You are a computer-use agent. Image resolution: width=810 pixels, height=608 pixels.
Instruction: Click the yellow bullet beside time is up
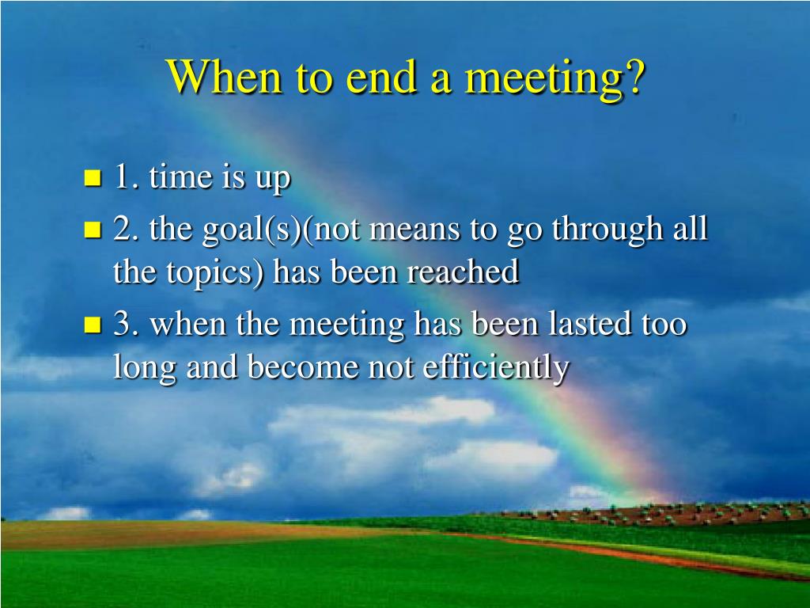(x=93, y=178)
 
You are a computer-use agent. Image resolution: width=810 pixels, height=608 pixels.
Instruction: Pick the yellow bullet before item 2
(x=93, y=230)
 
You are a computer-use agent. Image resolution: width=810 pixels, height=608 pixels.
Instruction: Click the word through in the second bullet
(x=607, y=230)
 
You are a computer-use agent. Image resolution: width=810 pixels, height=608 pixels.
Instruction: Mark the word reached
(x=463, y=272)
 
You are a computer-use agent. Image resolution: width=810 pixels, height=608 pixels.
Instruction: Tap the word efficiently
(x=496, y=368)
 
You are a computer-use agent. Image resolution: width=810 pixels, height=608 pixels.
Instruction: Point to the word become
(x=303, y=367)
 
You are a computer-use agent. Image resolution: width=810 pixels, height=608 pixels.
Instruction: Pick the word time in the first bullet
(x=181, y=177)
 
